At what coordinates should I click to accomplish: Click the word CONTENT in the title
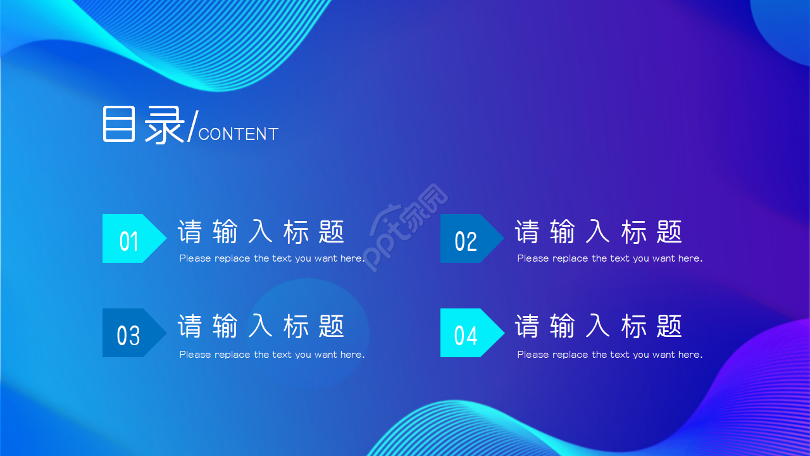point(239,134)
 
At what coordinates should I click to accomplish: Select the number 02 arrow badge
point(468,239)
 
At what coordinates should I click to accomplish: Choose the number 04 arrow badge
point(468,333)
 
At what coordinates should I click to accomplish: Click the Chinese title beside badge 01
point(261,232)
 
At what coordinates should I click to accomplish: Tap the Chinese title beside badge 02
point(599,232)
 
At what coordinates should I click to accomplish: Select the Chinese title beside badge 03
point(261,326)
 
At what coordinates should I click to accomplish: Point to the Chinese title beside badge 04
point(599,326)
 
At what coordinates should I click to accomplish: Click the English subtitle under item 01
point(272,258)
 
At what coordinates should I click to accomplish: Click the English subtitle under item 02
point(610,258)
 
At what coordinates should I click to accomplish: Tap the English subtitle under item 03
point(272,355)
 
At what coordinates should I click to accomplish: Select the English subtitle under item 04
point(610,355)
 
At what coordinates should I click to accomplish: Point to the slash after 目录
point(192,126)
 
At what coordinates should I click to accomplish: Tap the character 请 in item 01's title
point(190,232)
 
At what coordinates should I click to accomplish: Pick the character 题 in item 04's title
point(670,326)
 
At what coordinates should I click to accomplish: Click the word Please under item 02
point(531,258)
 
